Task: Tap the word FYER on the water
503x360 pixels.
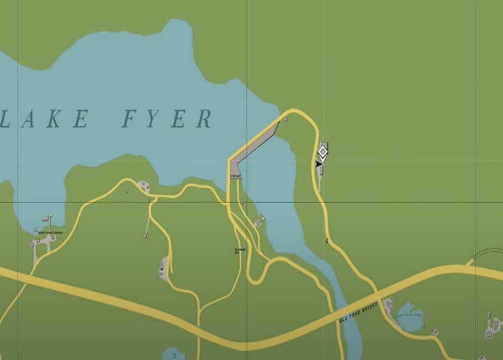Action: click(x=167, y=120)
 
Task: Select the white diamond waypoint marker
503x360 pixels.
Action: click(x=323, y=151)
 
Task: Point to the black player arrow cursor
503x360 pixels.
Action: click(x=318, y=163)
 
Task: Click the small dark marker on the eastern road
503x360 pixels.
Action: click(x=327, y=241)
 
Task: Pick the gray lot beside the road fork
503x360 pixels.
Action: click(x=165, y=265)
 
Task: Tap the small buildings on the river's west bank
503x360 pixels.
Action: click(x=259, y=222)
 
